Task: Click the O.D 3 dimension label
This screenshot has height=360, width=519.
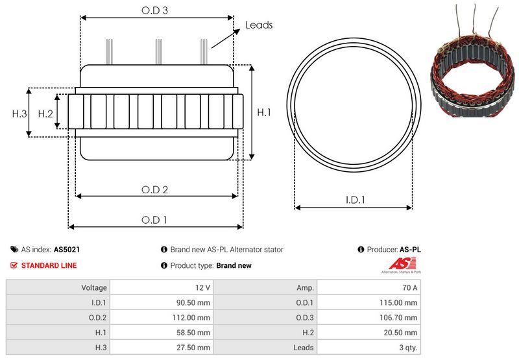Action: [x=155, y=10]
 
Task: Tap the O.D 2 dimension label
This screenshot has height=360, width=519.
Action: [x=155, y=189]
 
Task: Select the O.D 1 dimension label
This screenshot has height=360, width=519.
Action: [x=155, y=220]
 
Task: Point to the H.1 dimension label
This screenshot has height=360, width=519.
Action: [x=264, y=112]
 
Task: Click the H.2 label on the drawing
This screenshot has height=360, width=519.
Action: [x=45, y=114]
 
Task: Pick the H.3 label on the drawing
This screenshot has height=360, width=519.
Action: [x=19, y=114]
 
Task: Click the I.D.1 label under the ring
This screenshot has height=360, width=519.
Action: [x=354, y=200]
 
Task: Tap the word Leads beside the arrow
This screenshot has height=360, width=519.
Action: [x=259, y=25]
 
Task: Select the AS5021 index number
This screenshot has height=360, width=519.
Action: [x=67, y=249]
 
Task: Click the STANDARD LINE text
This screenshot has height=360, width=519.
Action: [x=49, y=265]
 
